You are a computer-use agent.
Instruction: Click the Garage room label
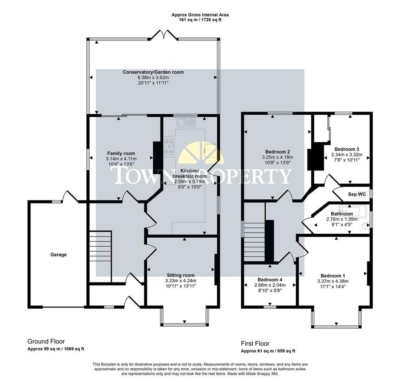coord(59,254)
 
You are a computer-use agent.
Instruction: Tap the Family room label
coord(121,153)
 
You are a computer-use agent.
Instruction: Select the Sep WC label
coord(357,194)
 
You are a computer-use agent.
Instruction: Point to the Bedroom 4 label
coord(270,280)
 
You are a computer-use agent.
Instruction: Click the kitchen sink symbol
coord(186,123)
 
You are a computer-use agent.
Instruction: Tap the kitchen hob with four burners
coord(169,146)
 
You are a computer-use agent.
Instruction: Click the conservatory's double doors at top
coord(164,35)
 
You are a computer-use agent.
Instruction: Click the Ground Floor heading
coord(46,341)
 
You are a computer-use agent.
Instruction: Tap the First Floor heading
coord(255,343)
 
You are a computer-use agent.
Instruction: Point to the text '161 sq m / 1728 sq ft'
coord(200,20)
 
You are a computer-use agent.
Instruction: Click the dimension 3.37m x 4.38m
coord(333,281)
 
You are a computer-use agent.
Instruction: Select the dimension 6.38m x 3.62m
coord(153,78)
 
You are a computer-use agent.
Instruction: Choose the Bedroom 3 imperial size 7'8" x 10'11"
coord(347,160)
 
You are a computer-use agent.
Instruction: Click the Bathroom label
coord(342,214)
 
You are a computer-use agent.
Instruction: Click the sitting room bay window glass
coord(185,324)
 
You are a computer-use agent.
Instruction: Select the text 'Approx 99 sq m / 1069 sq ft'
coord(56,349)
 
